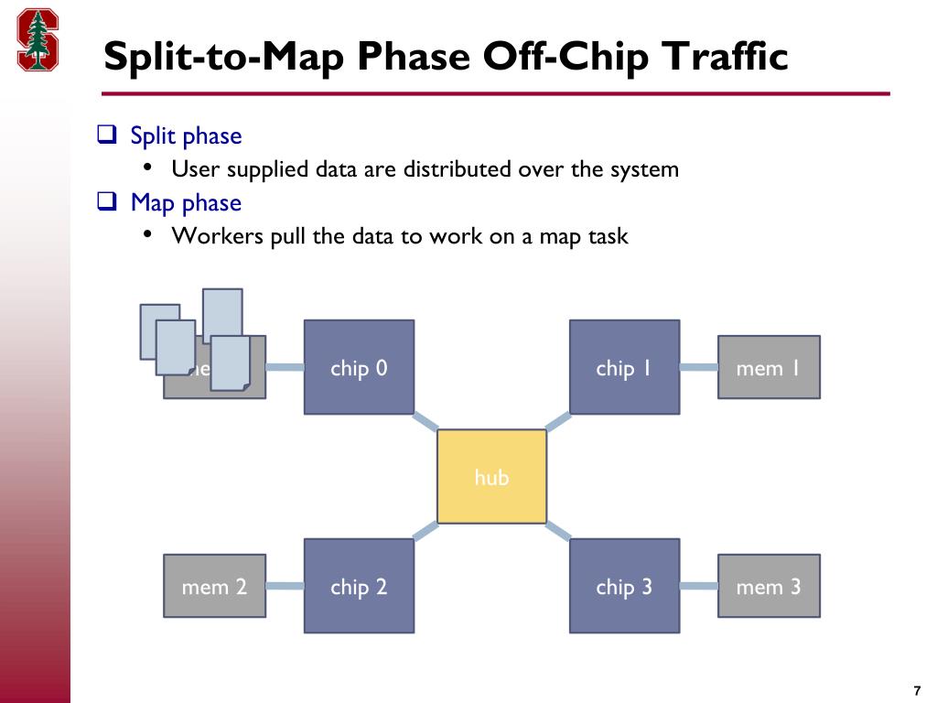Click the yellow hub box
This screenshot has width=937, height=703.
491,476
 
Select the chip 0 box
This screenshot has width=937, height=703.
359,367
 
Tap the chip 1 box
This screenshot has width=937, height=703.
624,367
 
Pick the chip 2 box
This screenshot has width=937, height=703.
359,586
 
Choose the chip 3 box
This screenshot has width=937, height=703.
624,586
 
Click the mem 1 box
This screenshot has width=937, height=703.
769,367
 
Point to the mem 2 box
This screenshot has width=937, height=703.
214,586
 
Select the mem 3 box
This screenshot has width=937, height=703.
769,586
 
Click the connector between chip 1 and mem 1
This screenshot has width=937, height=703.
698,368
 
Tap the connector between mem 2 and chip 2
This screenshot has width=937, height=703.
285,586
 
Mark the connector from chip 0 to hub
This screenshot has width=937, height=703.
425,422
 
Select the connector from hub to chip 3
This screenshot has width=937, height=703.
558,531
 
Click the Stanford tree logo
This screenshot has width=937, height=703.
38,40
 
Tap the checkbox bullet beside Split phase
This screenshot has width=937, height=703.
107,136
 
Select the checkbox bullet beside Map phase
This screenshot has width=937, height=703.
107,202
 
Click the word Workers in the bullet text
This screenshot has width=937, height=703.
217,236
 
